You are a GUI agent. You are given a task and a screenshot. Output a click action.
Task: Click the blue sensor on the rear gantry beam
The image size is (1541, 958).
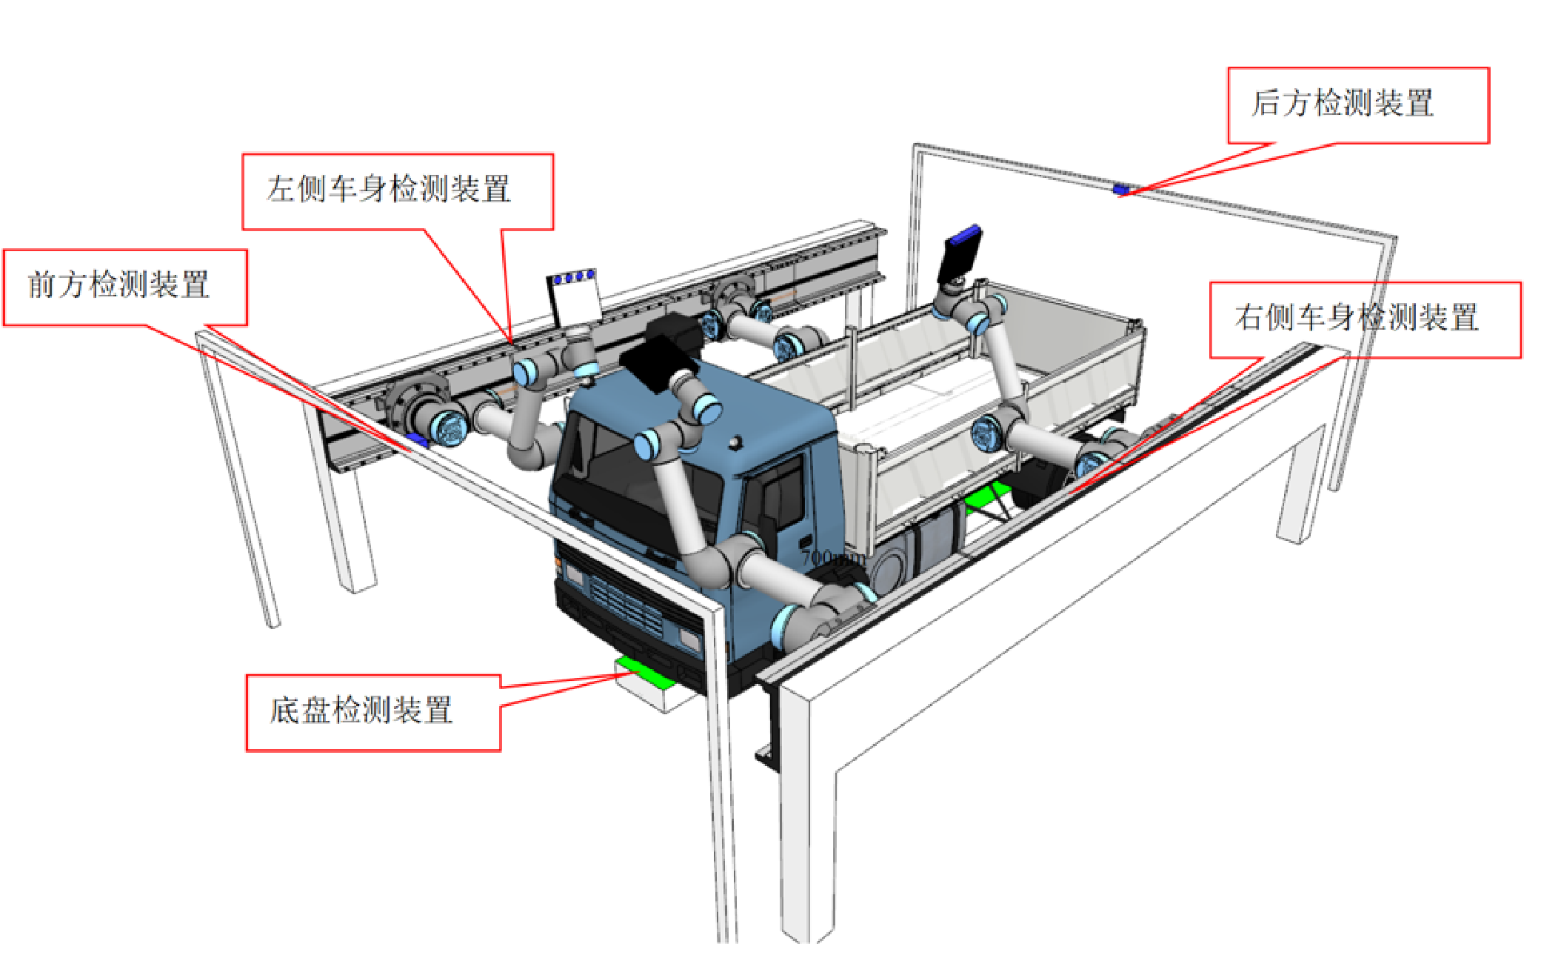(1120, 190)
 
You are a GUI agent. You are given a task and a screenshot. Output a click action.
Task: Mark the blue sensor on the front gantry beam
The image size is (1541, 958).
(418, 441)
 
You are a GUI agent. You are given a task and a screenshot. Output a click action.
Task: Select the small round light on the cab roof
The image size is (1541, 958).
(734, 442)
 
